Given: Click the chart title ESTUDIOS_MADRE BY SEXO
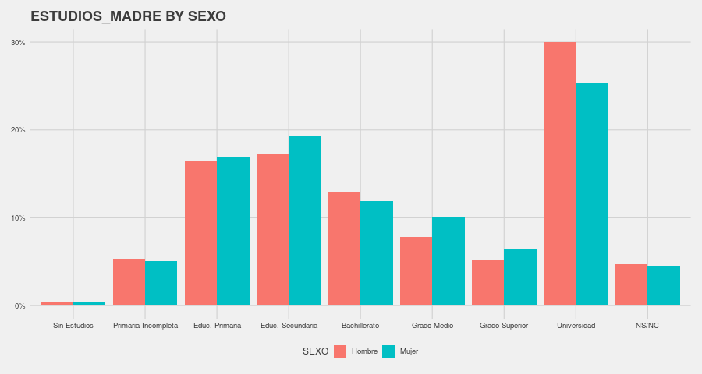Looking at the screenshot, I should pos(128,16).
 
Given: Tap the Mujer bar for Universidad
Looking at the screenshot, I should pos(592,195).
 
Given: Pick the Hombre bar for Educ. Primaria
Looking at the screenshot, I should pos(200,234).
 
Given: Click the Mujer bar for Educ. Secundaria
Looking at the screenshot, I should pos(305,221).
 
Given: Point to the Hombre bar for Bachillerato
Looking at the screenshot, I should pos(344,249).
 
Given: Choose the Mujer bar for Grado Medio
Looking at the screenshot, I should pos(448,261).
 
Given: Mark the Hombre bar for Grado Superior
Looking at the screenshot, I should pos(487,283).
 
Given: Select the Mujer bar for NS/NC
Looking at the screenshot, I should pos(664,286).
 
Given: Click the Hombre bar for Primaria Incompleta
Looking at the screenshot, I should pos(129,283).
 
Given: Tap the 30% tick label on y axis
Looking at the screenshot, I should pos(18,43).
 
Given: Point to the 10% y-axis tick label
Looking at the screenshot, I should pos(18,218).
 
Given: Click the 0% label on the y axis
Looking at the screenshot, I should pos(19,306).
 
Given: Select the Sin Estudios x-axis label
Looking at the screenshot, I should pos(73,325).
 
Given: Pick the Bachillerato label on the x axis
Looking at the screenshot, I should pos(360,325).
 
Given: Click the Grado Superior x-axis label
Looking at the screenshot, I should pos(504,325).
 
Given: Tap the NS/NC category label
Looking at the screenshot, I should pos(647,325).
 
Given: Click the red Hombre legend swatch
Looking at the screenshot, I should pos(340,351).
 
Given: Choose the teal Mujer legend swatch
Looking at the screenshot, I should pos(388,351).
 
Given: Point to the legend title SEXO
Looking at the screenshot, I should pos(315,351).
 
